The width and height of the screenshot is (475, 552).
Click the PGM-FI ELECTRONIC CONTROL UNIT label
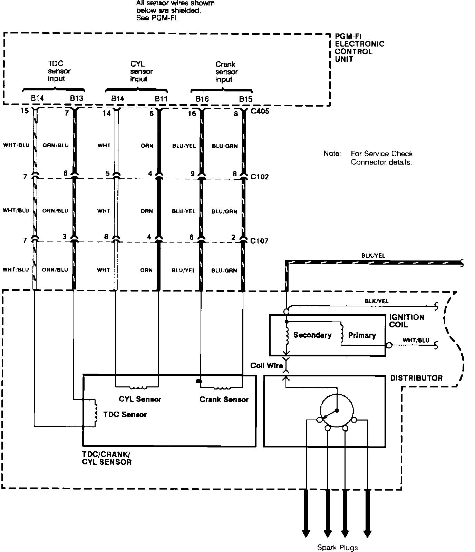359,48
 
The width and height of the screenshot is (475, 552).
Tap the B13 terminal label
77,98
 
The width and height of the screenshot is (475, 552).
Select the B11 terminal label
161,99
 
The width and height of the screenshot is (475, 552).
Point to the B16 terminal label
202,99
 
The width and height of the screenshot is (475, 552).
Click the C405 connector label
260,111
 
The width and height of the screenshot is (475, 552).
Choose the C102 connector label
260,177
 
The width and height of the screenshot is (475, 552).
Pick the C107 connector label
259,241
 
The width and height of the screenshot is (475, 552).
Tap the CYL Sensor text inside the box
140,399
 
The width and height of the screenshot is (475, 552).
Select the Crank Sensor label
224,400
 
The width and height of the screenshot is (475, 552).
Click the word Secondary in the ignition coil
312,335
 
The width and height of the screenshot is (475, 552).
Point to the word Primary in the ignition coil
362,335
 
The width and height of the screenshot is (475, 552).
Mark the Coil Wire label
266,366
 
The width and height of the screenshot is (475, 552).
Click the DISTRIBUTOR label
416,378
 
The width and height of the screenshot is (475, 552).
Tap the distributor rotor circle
337,410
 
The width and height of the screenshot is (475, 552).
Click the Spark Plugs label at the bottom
337,548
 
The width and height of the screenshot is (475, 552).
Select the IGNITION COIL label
406,321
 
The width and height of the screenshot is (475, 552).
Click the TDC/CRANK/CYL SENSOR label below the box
106,458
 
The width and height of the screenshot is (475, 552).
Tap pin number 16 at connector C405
192,114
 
